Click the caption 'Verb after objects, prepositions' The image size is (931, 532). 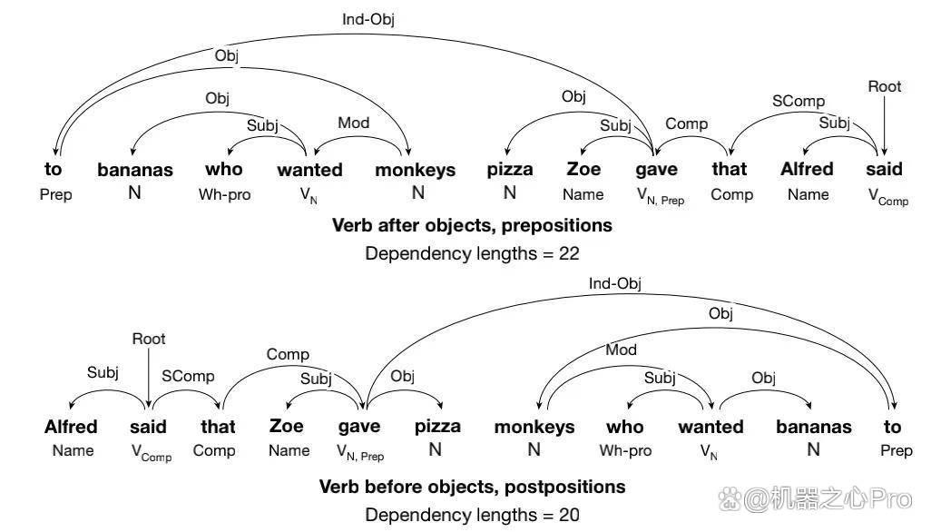tap(472, 226)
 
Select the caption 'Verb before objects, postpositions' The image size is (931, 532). tap(472, 487)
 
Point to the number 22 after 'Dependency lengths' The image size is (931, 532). tap(569, 253)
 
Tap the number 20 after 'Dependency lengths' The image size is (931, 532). tap(569, 515)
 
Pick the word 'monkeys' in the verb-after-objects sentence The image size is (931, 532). tap(415, 171)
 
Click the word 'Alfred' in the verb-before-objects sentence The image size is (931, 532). tap(71, 427)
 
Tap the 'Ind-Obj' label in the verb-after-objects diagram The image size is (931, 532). tap(368, 20)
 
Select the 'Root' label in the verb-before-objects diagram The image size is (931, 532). tap(149, 339)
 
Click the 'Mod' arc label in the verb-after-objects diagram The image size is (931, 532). tap(353, 123)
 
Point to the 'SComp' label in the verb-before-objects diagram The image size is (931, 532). tap(188, 377)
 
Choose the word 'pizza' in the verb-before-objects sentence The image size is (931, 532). tap(437, 427)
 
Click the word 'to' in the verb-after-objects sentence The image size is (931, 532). tap(53, 169)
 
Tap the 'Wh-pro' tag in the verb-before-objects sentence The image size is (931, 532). tap(625, 450)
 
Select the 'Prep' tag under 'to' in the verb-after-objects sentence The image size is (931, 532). tap(56, 195)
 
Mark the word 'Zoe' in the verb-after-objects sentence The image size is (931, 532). tap(583, 169)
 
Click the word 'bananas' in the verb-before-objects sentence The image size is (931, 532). tap(813, 427)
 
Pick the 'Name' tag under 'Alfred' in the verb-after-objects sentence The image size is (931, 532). tap(808, 195)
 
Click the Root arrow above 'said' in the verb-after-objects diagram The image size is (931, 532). tap(884, 125)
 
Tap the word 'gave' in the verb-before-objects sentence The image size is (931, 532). tap(359, 428)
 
